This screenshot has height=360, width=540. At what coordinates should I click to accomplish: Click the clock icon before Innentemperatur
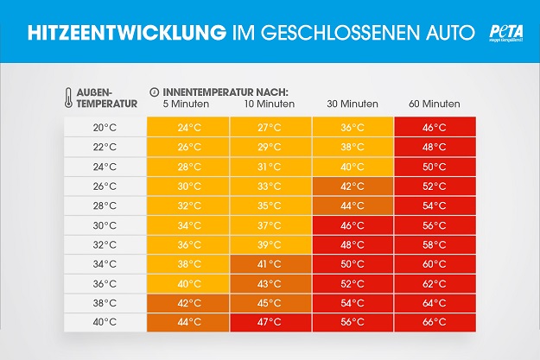[154, 91]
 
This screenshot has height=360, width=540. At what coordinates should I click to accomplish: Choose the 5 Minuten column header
[187, 104]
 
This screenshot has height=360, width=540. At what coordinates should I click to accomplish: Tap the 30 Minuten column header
[353, 104]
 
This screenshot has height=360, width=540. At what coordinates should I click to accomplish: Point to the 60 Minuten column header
[434, 104]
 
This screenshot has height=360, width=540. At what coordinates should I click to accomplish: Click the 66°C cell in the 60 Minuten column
[434, 322]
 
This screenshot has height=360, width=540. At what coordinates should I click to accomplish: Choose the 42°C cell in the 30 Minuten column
[353, 186]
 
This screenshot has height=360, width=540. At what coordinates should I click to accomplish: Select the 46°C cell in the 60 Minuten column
[434, 127]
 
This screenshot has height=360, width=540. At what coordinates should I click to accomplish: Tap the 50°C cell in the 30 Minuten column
[353, 264]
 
